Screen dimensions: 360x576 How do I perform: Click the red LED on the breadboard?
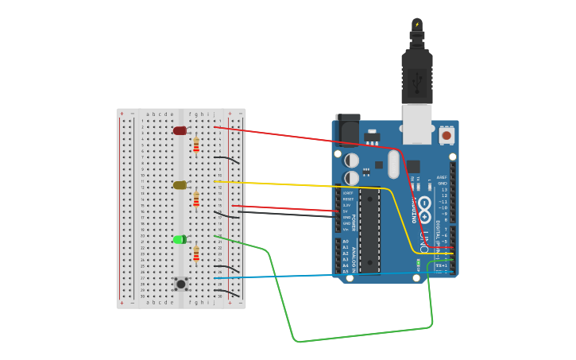tap(180, 130)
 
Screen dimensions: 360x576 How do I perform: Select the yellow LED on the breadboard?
tap(180, 185)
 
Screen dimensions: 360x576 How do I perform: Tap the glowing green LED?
tap(180, 239)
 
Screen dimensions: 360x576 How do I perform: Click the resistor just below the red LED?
tap(196, 145)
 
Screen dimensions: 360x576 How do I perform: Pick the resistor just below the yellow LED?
tap(196, 199)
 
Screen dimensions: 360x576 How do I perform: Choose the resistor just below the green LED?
tap(196, 254)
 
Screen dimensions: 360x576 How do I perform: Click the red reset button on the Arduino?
tap(446, 135)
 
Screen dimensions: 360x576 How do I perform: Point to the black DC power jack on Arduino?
tap(347, 129)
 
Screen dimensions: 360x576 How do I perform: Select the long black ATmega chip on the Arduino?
tap(368, 230)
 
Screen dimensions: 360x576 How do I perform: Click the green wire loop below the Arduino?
tap(358, 335)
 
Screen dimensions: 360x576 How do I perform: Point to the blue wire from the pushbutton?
tap(318, 276)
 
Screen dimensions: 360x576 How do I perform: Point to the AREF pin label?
tap(442, 177)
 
